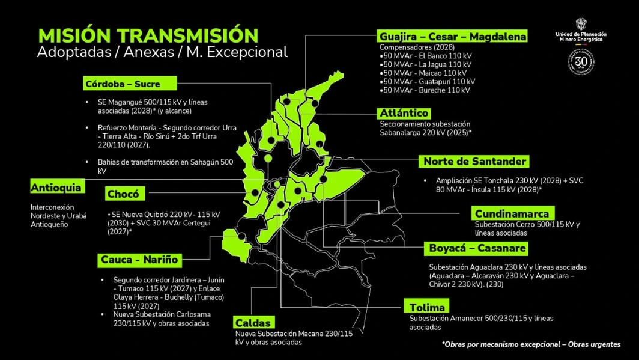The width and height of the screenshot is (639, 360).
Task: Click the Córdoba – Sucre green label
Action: (123, 84)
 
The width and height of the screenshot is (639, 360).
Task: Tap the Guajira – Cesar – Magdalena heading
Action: (453, 37)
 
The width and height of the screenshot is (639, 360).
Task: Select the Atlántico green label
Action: (404, 113)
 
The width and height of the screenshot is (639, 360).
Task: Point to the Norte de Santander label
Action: (474, 161)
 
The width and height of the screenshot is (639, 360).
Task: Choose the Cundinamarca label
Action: (512, 213)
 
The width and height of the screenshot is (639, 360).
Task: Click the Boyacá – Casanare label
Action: (477, 248)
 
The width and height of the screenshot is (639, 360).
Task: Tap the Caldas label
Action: (253, 323)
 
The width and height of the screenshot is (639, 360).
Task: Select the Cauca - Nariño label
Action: (139, 260)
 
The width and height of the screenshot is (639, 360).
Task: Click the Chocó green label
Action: (123, 194)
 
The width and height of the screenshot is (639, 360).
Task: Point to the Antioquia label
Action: (56, 188)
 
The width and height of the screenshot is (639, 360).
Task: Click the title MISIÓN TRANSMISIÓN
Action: (148, 35)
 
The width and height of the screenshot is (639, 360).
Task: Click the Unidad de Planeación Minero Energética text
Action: (581, 37)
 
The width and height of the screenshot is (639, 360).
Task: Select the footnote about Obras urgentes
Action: (531, 344)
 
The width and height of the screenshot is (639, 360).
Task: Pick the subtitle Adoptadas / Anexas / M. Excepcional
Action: (162, 52)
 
